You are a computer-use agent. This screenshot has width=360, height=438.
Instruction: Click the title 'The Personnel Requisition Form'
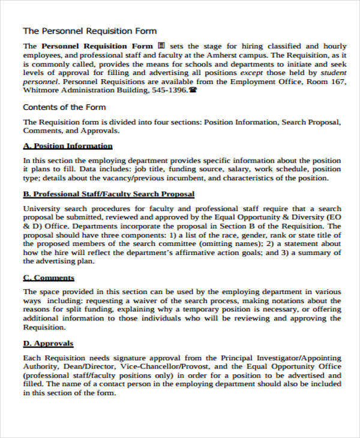[89, 31]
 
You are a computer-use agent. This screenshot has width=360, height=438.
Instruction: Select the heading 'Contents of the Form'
[64, 107]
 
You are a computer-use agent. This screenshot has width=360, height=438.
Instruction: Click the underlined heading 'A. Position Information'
[67, 146]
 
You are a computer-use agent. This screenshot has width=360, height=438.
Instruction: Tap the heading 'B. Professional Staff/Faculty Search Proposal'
[108, 194]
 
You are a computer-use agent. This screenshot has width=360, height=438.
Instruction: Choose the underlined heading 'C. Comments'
[48, 278]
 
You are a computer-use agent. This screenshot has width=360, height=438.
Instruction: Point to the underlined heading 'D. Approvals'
[48, 344]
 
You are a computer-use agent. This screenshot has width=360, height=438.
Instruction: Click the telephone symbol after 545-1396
[193, 91]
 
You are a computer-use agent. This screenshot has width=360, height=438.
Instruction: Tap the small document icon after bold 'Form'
[161, 46]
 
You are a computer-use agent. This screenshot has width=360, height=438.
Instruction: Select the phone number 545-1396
[168, 91]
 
